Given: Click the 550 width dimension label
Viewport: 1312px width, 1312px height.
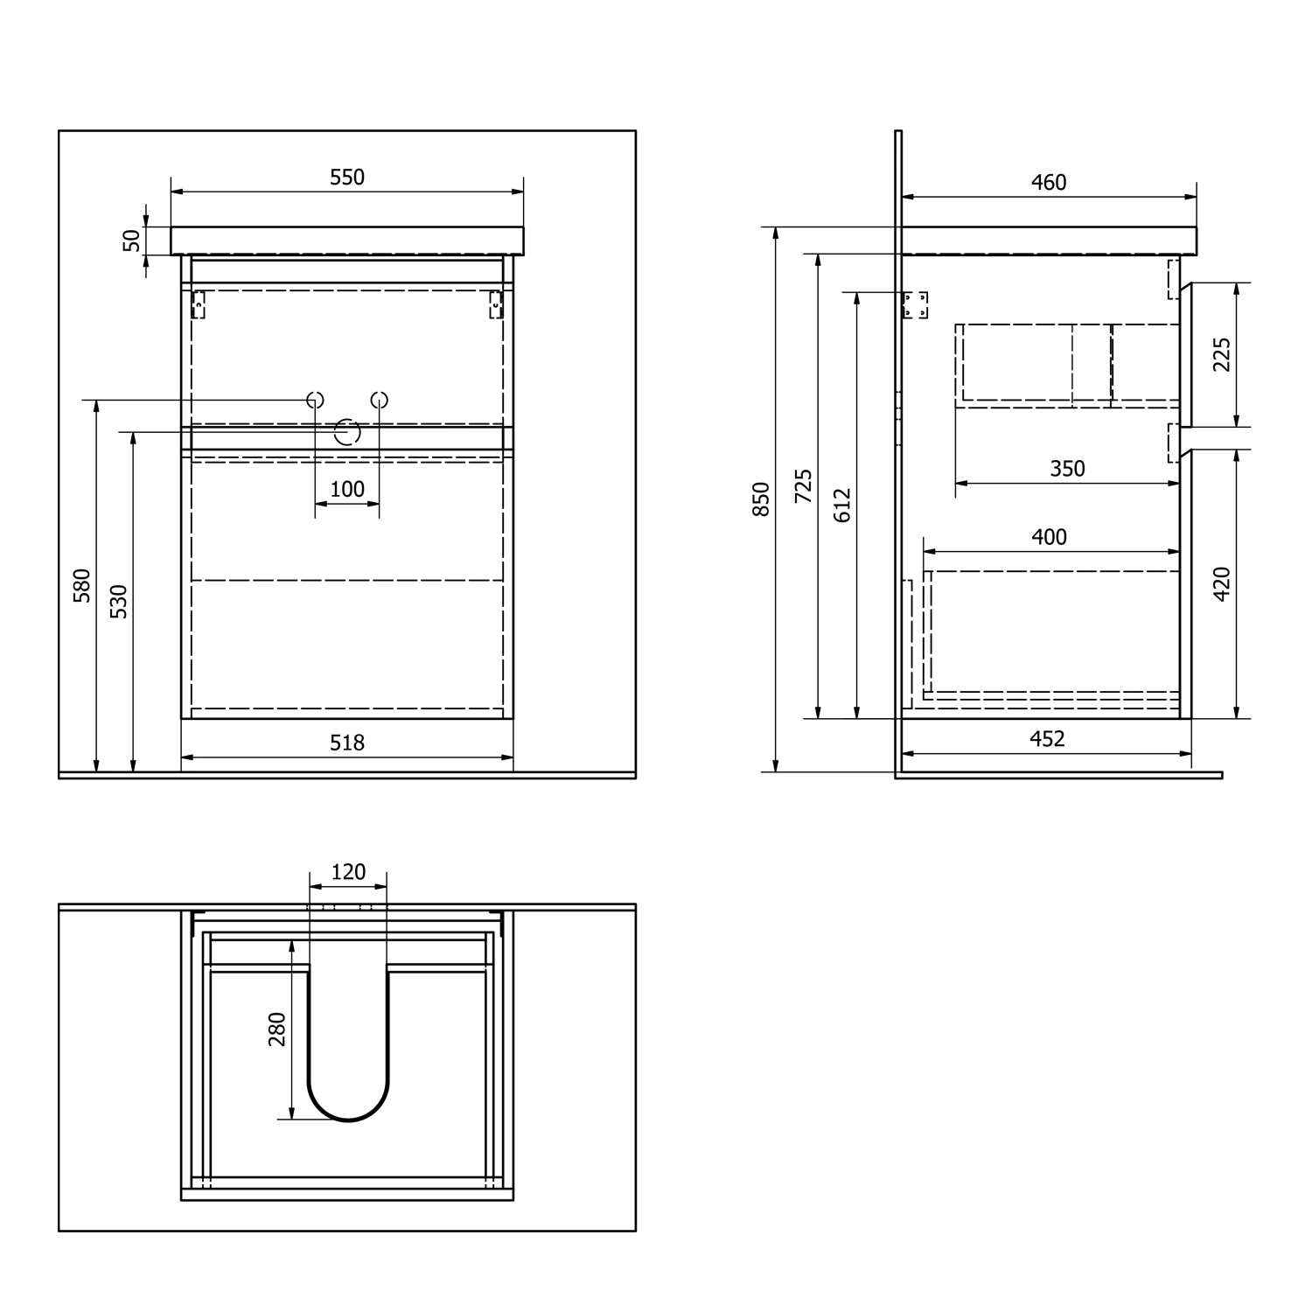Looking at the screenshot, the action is pyautogui.click(x=347, y=178).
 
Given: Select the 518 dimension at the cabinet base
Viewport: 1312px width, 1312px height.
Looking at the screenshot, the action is pyautogui.click(x=347, y=743).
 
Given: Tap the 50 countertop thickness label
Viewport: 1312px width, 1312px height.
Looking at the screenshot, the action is pyautogui.click(x=131, y=240).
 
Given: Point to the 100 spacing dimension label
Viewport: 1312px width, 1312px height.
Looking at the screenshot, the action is pyautogui.click(x=347, y=489).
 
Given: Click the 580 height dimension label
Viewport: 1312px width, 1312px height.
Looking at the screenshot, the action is pyautogui.click(x=82, y=585).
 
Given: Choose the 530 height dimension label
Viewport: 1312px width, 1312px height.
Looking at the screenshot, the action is pyautogui.click(x=119, y=602).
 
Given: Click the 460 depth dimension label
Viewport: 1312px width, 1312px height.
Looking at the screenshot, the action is pyautogui.click(x=1049, y=182).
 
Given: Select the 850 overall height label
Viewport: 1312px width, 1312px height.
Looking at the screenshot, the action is pyautogui.click(x=762, y=499).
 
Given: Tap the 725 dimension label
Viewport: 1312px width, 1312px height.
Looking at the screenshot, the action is pyautogui.click(x=803, y=486).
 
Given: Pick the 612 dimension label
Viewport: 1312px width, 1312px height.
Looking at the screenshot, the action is pyautogui.click(x=842, y=506).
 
